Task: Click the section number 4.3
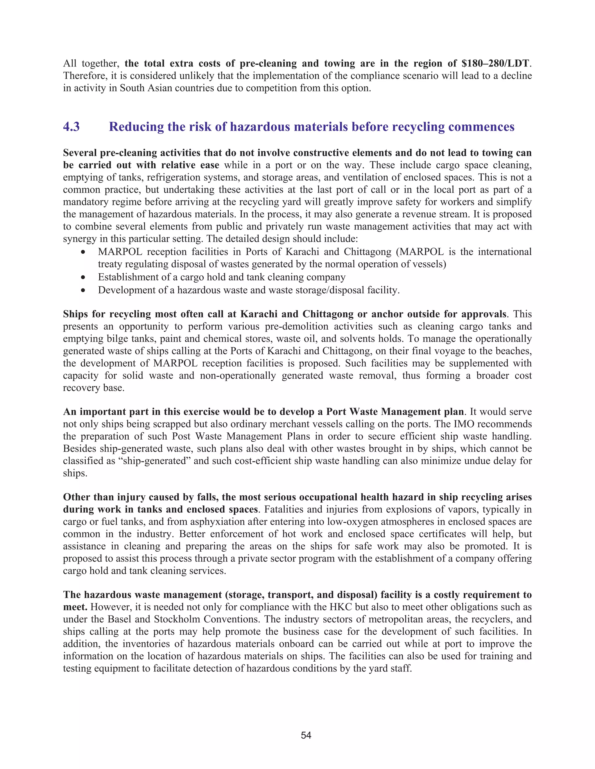[x=71, y=127]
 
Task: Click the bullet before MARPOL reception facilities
[x=83, y=252]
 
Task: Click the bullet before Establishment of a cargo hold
[x=83, y=277]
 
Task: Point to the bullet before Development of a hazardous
[x=83, y=290]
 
